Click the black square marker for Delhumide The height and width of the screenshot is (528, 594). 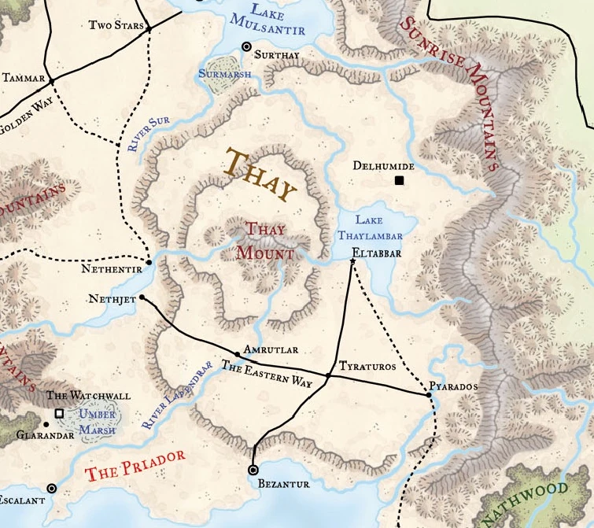[399, 181]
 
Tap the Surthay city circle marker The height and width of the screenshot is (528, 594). [246, 47]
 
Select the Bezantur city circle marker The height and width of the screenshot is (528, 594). [253, 470]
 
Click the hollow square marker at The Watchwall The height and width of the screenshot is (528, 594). [58, 412]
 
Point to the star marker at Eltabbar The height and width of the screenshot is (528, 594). [352, 260]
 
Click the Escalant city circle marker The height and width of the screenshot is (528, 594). [52, 488]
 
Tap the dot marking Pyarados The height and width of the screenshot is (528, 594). [429, 395]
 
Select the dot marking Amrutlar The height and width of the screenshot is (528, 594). [237, 354]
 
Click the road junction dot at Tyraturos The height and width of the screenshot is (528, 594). [328, 376]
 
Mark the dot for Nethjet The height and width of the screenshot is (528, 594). [142, 298]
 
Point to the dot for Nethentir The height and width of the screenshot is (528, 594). [149, 261]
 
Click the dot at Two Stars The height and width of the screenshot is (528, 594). [148, 28]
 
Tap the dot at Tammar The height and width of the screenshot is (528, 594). [51, 81]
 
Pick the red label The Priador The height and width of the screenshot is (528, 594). [135, 465]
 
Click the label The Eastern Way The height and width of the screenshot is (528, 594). [260, 373]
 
